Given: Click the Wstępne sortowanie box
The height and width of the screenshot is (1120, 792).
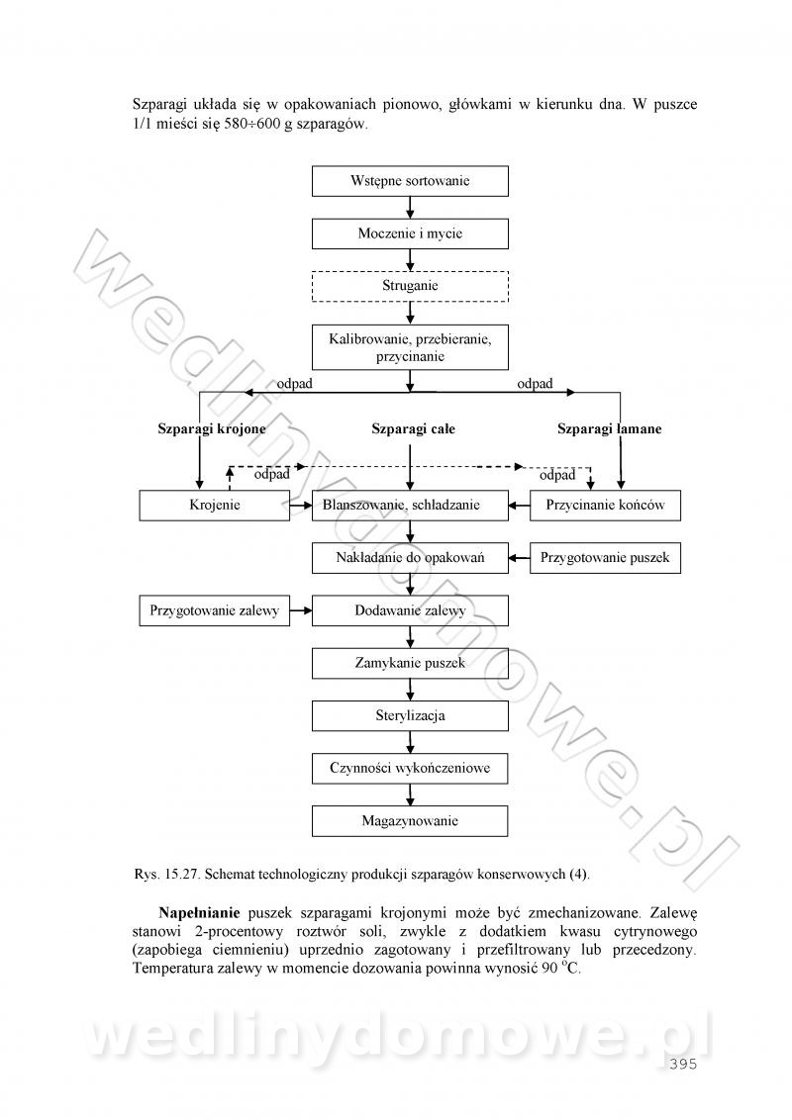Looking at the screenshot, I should point(410,181).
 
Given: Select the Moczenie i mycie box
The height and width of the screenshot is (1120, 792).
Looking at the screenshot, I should point(410,233).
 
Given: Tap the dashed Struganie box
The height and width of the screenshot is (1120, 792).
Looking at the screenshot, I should point(410,286).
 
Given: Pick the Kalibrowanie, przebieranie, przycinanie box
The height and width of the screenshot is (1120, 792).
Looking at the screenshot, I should point(410,347).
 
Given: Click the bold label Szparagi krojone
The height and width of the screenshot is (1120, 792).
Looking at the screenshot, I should point(212,429).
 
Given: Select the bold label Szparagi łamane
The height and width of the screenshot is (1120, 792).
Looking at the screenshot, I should point(609,429).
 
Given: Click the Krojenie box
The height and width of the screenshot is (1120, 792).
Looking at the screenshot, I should point(215,506).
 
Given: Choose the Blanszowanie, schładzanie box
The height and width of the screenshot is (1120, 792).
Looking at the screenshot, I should point(410,506).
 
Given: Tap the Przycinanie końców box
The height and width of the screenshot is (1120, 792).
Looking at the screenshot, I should point(605,506).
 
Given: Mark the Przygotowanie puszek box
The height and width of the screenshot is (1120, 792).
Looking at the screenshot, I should point(605,558).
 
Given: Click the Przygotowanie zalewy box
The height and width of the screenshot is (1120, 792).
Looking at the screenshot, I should point(214,610).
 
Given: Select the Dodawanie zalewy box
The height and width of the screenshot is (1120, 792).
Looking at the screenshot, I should point(410,610).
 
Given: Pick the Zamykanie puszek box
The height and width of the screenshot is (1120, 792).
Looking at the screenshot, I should point(410,663).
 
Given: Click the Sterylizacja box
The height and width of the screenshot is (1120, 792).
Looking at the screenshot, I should point(410,715).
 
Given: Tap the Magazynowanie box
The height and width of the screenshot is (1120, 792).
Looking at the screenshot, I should point(410,821).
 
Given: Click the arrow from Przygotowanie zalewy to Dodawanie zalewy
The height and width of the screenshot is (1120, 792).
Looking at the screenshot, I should point(301,610).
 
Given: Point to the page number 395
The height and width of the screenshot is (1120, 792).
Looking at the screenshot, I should point(684,1065).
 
